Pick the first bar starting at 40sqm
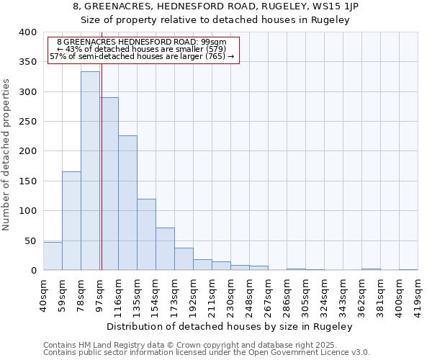[53, 256]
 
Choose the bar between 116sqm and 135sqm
[127, 203]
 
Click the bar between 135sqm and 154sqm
[146, 235]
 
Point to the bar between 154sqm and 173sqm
[165, 249]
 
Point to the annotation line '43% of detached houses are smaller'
[141, 48]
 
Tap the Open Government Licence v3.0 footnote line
[207, 353]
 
